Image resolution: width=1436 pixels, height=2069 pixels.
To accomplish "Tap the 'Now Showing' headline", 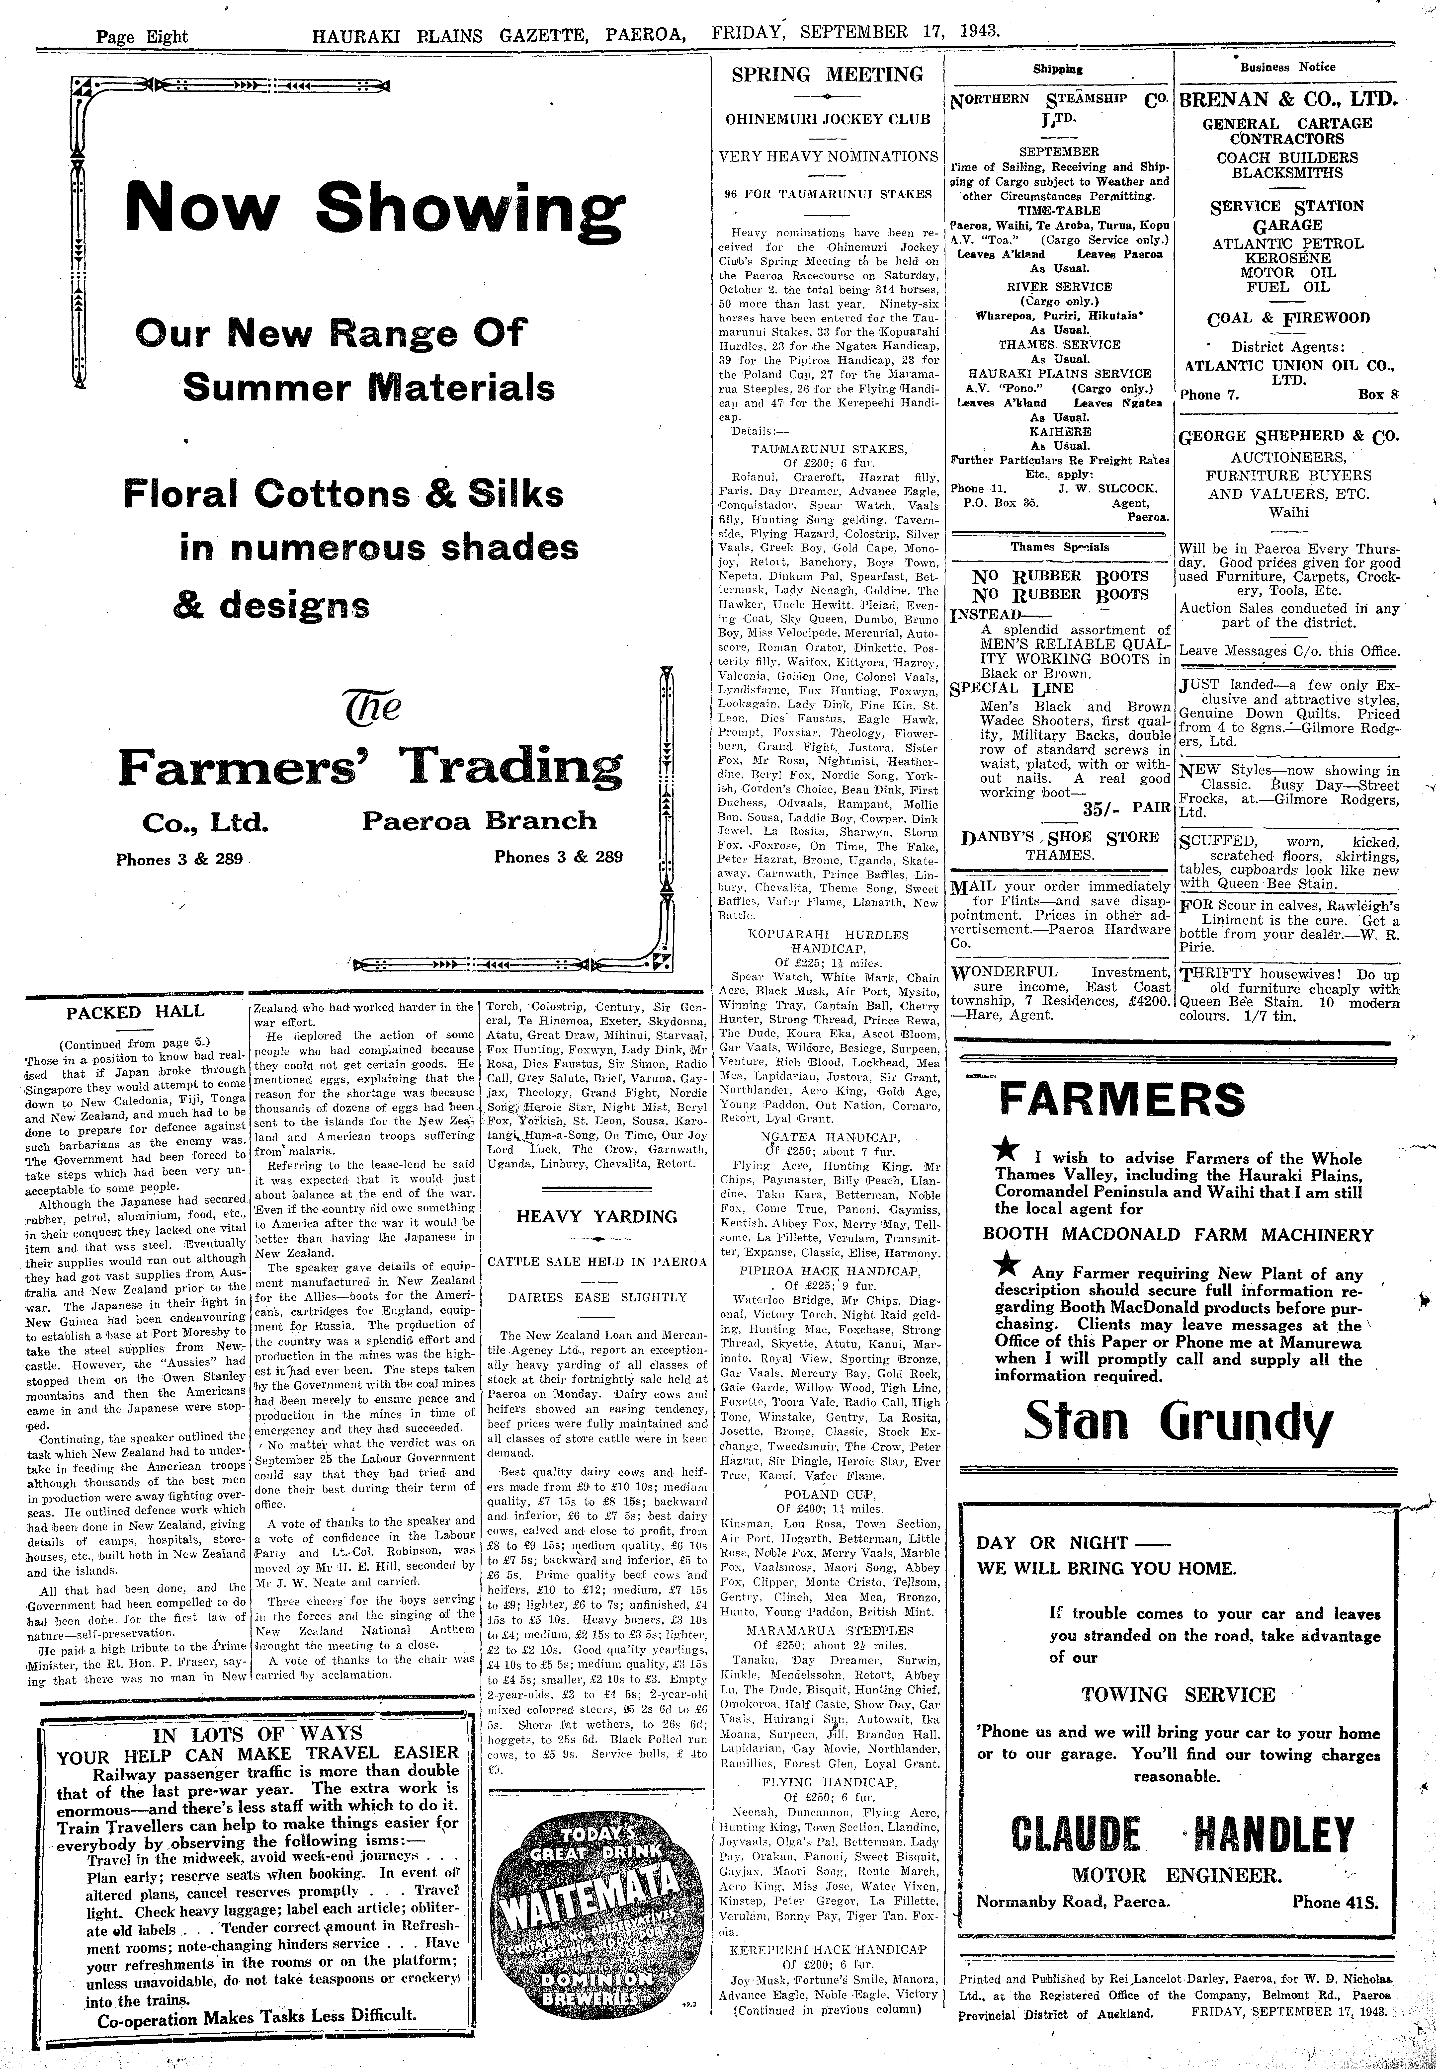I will [x=374, y=207].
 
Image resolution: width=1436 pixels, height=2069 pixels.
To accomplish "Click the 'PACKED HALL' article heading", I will [x=135, y=1011].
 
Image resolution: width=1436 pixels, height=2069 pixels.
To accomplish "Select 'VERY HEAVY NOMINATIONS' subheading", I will [x=828, y=156].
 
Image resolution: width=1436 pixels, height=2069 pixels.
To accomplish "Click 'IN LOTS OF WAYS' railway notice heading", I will [x=257, y=1733].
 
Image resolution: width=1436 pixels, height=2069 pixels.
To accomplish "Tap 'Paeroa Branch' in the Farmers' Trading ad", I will [x=480, y=820].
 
